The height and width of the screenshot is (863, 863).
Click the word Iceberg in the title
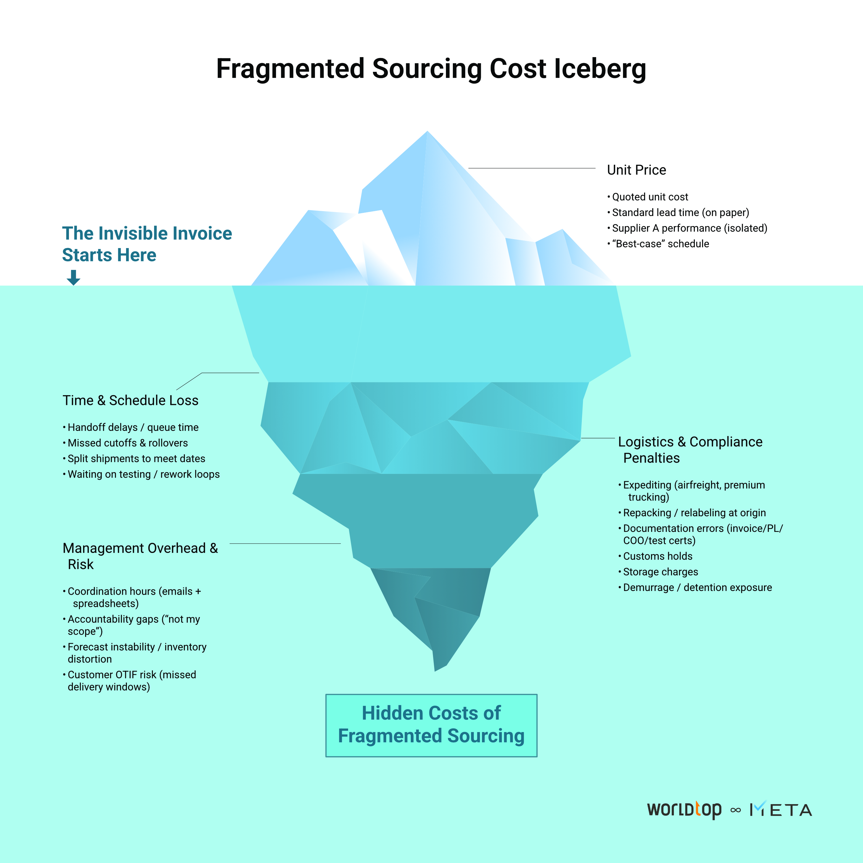(600, 69)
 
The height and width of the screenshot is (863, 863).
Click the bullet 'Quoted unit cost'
(650, 197)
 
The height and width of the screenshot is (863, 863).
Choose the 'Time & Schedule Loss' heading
(130, 400)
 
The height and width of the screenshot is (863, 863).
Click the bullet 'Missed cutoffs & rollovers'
(128, 443)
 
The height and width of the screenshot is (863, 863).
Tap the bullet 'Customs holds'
(658, 556)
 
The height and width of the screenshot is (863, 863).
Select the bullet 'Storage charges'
(660, 572)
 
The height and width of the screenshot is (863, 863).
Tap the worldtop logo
(684, 809)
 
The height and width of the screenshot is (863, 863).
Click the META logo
(781, 809)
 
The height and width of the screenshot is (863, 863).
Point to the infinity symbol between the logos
(735, 810)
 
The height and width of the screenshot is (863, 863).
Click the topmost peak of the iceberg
(427, 133)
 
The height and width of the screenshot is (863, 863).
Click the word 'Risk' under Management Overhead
(80, 564)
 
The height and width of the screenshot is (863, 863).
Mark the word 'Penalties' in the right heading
(651, 458)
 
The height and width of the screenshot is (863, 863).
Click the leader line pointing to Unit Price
(532, 168)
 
